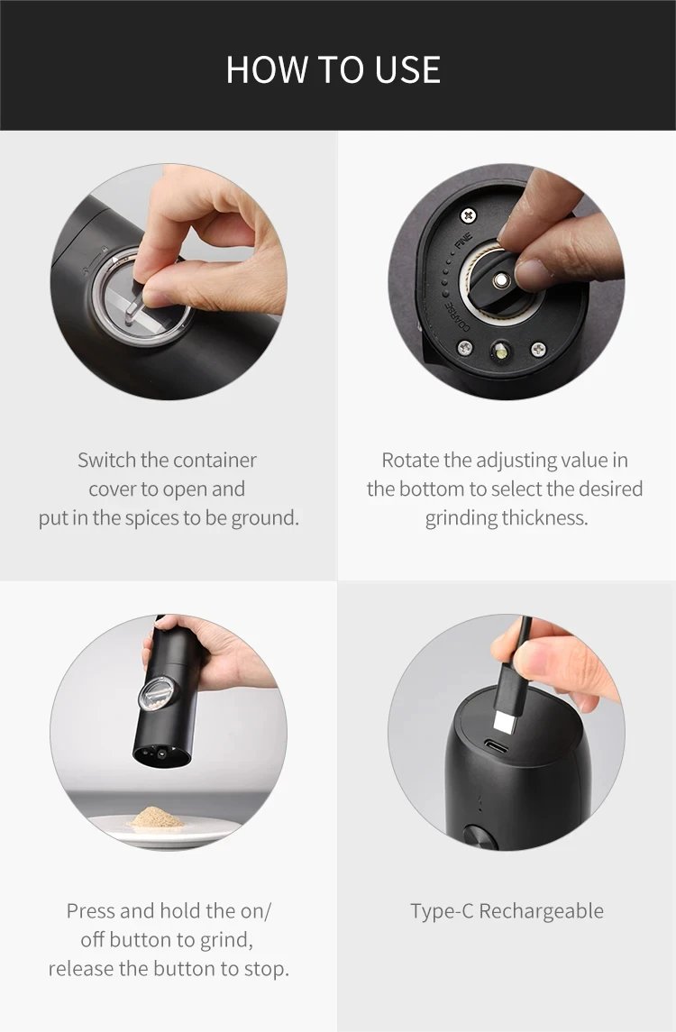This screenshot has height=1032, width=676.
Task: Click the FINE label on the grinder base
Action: [463, 242]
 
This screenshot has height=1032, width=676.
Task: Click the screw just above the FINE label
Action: [468, 215]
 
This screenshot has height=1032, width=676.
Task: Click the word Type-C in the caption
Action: [442, 911]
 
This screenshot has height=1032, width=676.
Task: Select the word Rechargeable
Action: [541, 911]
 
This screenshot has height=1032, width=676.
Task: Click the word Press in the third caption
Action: [91, 911]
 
